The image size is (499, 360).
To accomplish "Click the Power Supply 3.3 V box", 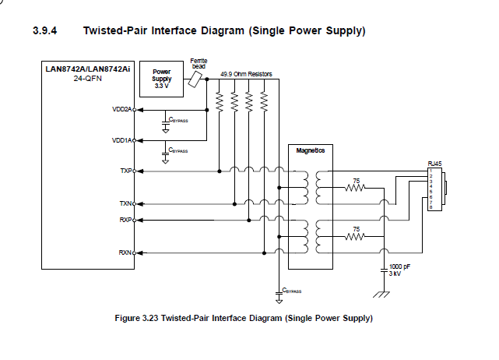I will pyautogui.click(x=161, y=79).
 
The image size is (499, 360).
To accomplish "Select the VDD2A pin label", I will pyautogui.click(x=122, y=109).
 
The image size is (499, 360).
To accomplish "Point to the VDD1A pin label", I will pyautogui.click(x=122, y=140).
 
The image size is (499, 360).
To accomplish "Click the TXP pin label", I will pyautogui.click(x=126, y=170).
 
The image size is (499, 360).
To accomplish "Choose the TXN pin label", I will pyautogui.click(x=126, y=203).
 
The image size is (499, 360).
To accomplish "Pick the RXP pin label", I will pyautogui.click(x=126, y=221).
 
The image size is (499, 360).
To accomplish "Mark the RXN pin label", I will pyautogui.click(x=126, y=252).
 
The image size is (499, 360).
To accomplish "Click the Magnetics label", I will pyautogui.click(x=311, y=150).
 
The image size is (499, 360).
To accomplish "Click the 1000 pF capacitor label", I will pyautogui.click(x=399, y=266).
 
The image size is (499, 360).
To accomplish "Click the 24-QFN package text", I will pyautogui.click(x=88, y=79).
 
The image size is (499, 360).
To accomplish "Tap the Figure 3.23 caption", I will pyautogui.click(x=243, y=318).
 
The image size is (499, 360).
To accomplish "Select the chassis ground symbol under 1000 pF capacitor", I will pyautogui.click(x=382, y=293).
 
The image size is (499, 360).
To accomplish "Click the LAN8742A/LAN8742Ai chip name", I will pyautogui.click(x=88, y=69).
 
